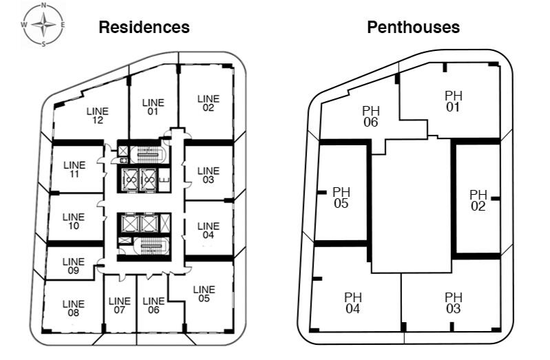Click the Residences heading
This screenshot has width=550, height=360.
(144, 28)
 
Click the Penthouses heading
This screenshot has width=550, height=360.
(413, 28)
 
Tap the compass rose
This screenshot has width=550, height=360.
(43, 25)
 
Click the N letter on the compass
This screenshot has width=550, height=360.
(43, 6)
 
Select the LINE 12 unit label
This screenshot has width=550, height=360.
(98, 116)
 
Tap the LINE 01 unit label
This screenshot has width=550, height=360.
(153, 107)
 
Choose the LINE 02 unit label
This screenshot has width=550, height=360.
(209, 103)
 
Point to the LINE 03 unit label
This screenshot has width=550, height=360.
(209, 175)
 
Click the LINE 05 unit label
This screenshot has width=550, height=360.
(204, 294)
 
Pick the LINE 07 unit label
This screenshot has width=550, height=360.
(119, 305)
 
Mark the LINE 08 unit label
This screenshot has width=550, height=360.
(73, 308)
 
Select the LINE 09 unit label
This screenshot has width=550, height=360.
(73, 266)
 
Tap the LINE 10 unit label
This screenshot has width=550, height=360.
(73, 221)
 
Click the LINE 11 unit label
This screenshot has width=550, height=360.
(74, 169)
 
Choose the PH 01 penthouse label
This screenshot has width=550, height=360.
(453, 101)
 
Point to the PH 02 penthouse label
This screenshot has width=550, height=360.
(478, 200)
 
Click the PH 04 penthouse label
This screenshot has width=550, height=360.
(353, 303)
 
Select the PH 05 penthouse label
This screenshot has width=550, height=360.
(341, 198)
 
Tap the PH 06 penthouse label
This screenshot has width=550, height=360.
(371, 116)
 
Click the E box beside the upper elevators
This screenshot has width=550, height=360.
(164, 180)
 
